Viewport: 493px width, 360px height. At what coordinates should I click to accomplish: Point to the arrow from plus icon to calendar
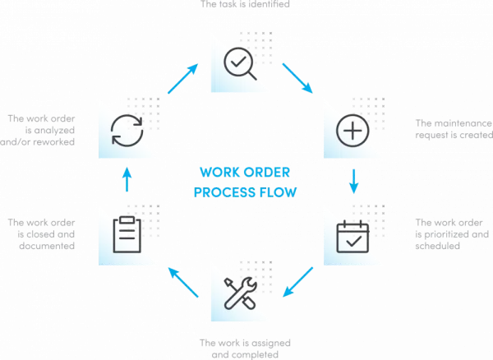[354, 182]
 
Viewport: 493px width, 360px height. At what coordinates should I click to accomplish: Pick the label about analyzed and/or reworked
[40, 130]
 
